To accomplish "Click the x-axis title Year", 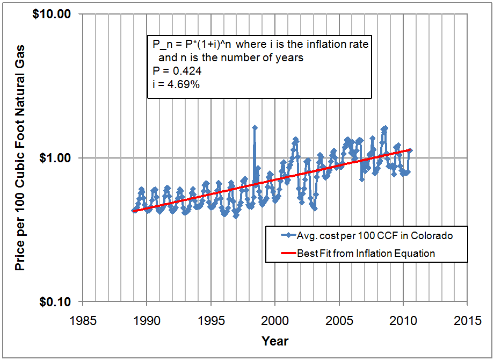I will click(x=275, y=341).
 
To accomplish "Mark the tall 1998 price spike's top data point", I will click(x=255, y=127).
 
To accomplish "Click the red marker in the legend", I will click(x=282, y=253).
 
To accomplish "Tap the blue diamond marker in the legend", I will click(x=289, y=236).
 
